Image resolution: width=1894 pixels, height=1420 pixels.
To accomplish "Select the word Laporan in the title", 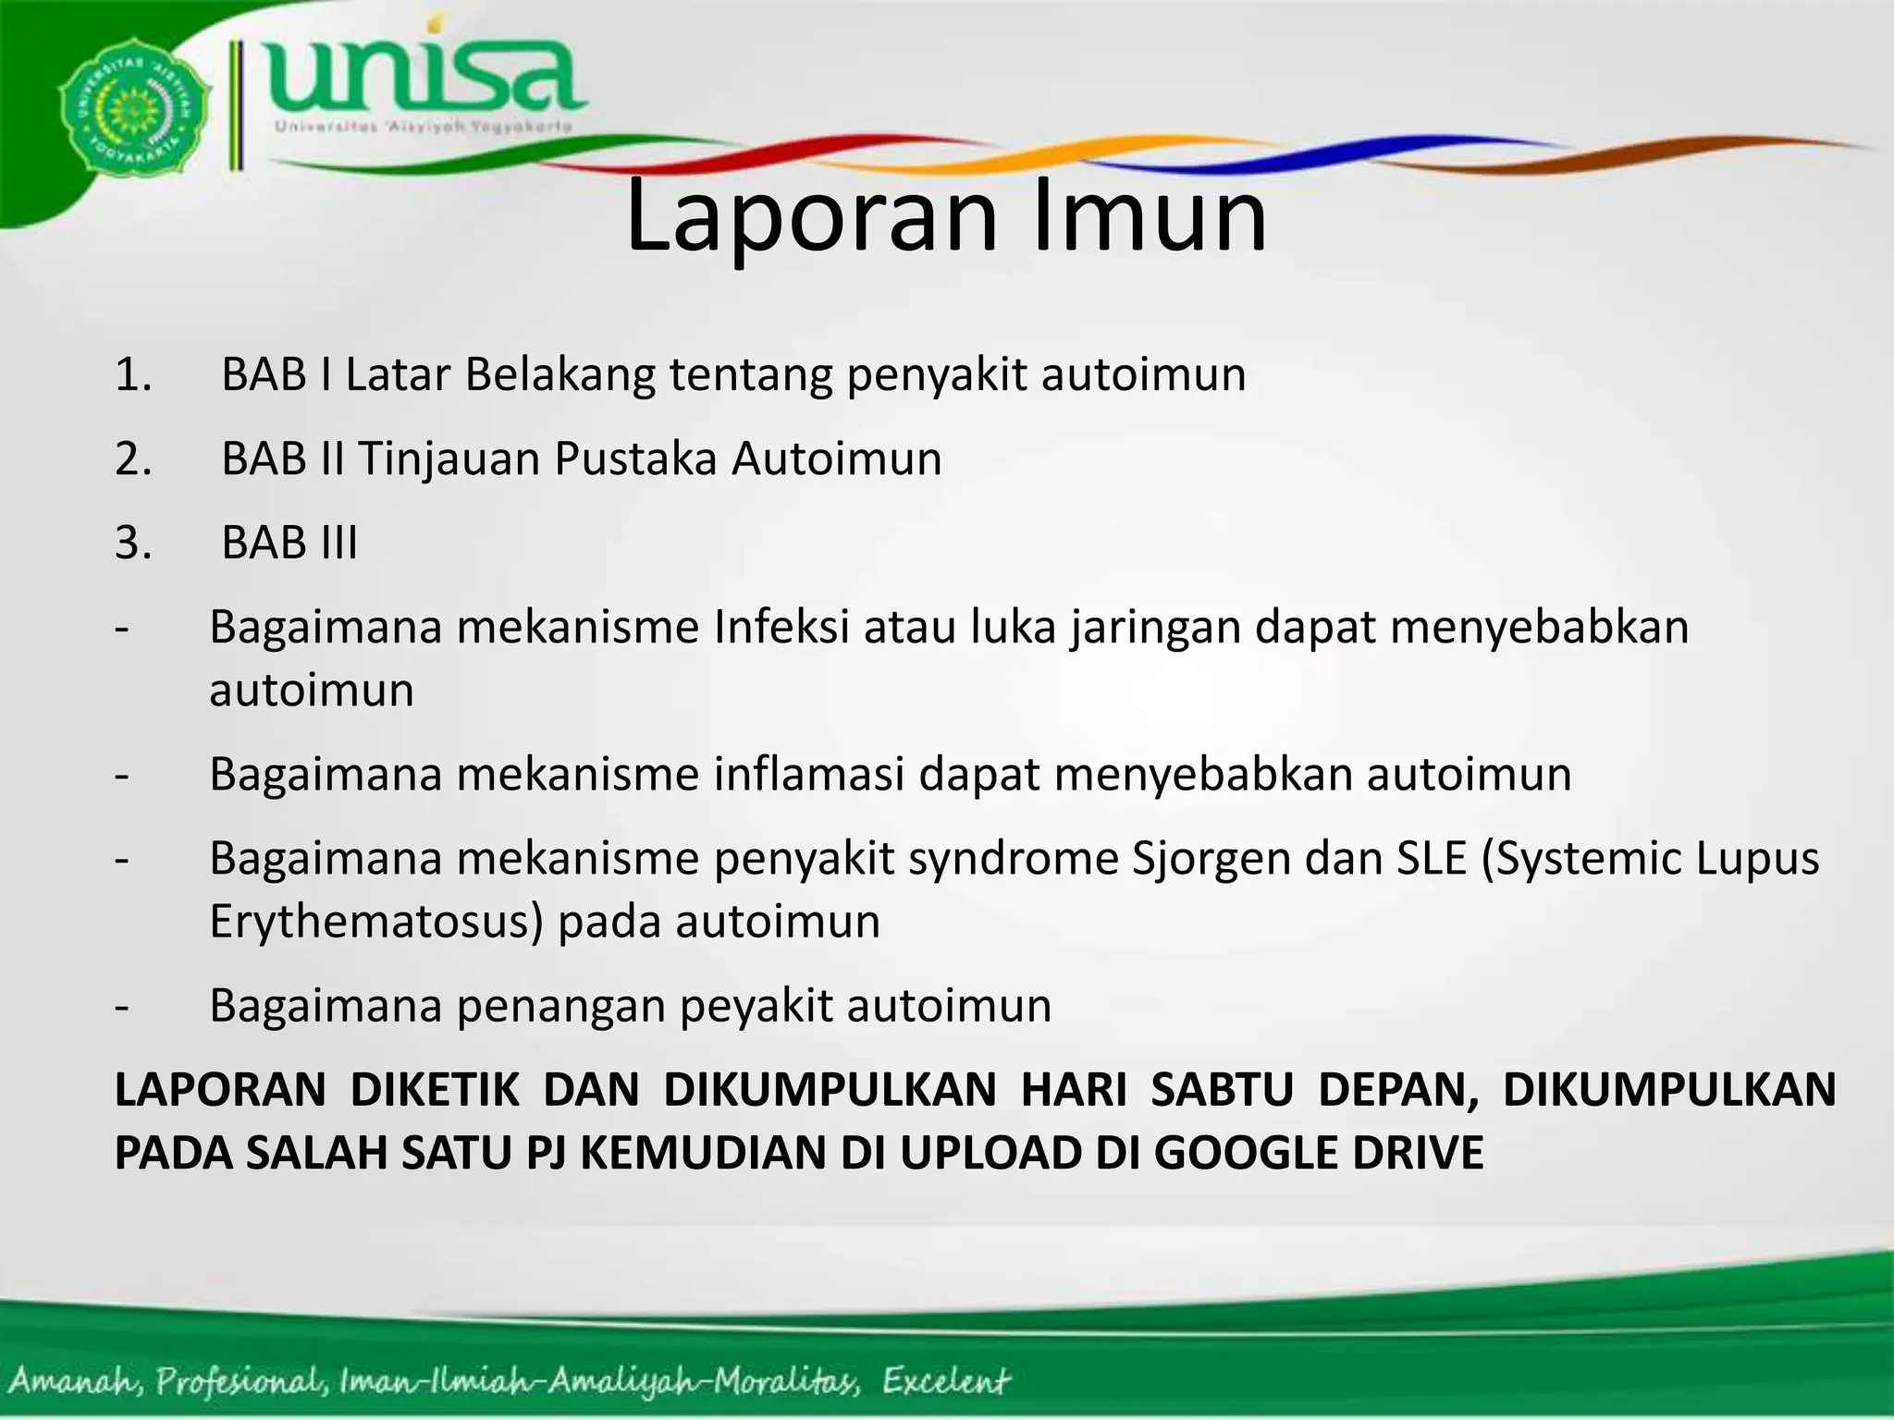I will click(x=811, y=218).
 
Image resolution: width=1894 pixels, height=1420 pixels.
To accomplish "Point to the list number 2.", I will click(x=133, y=459).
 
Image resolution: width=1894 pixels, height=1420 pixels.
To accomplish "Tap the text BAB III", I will click(x=289, y=543).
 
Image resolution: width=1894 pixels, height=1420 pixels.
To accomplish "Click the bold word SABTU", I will click(x=1222, y=1090).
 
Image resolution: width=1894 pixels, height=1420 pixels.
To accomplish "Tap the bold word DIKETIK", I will click(x=435, y=1090).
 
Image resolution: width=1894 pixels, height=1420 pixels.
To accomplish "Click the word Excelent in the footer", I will click(x=944, y=1382).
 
